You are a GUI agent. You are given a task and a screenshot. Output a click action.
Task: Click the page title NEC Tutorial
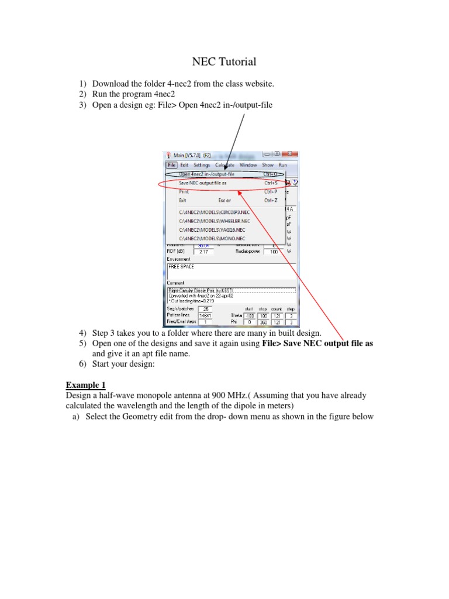pos(224,61)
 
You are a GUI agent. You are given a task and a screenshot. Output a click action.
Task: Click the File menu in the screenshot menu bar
pos(172,166)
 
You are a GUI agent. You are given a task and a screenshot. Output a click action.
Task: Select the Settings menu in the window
pos(202,166)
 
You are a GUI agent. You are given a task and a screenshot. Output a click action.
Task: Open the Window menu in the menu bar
pos(248,166)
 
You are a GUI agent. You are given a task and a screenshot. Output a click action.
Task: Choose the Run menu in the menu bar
pos(283,166)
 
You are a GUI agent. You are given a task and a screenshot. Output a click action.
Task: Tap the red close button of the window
pos(291,154)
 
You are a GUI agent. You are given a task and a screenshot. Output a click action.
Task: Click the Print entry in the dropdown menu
pos(184,191)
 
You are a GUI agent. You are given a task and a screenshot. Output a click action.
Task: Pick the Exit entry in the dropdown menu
pos(183,200)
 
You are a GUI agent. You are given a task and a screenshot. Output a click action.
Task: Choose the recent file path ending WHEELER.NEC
pos(215,221)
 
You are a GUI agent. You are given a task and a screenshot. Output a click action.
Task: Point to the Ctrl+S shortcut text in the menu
pos(271,183)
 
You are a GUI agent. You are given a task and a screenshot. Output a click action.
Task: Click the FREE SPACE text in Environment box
pos(181,266)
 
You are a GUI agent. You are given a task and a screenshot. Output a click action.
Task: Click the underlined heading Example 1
pos(85,385)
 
